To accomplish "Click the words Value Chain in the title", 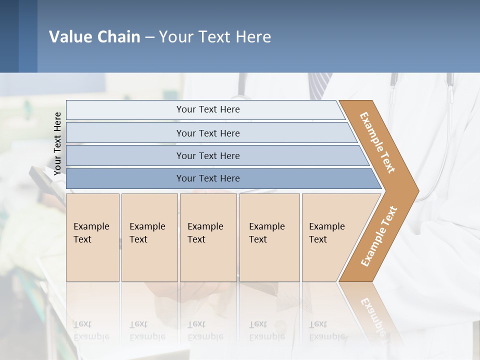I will pos(94,37).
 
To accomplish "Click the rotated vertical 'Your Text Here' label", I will pos(58,144).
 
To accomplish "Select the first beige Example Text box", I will pos(92,237).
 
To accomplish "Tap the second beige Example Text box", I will pos(149,237).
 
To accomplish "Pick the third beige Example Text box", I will pos(208,237).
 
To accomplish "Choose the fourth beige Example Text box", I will pos(269,237).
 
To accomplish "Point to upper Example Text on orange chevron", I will pos(378,142).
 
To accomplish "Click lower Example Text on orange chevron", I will pos(379,236).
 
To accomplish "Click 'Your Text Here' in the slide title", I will pos(215,37).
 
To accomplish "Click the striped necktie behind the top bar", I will pos(320,85).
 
